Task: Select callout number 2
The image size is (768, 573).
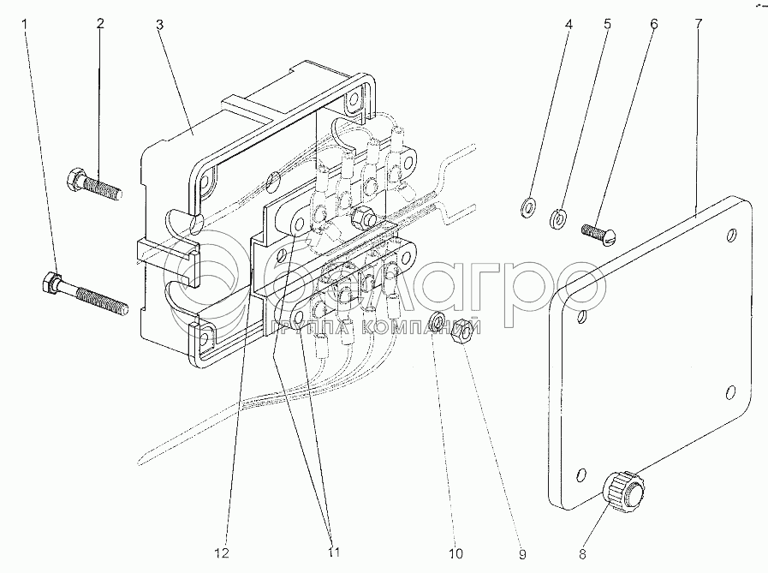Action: click(99, 23)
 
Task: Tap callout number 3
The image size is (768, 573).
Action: click(159, 23)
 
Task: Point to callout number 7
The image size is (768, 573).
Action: click(698, 23)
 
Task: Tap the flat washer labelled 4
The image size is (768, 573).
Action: click(528, 206)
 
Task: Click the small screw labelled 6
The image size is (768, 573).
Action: click(598, 230)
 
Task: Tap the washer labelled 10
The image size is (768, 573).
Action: click(436, 322)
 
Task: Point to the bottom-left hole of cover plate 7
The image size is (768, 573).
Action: click(583, 475)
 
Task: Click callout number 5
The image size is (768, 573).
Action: click(608, 23)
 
